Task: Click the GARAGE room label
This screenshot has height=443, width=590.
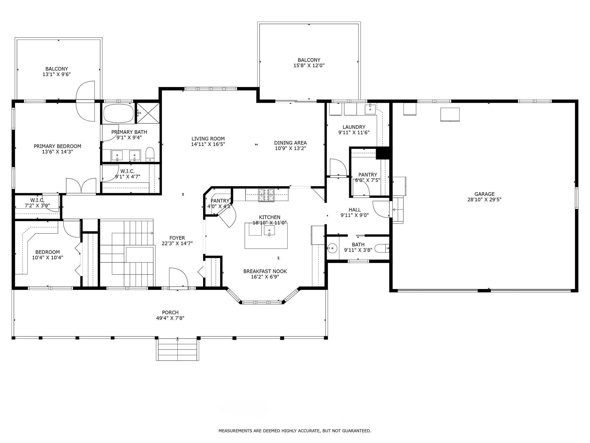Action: tap(485, 194)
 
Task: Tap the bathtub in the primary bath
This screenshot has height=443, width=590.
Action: tap(119, 114)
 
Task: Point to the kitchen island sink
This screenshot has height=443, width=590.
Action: tap(269, 230)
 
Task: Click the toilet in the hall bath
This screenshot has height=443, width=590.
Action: tap(383, 248)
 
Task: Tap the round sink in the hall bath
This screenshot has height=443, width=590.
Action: tap(332, 248)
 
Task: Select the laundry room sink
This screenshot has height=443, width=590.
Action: tap(370, 109)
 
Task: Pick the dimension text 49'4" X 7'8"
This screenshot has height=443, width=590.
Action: tap(170, 318)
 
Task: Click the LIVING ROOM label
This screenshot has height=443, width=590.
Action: tap(208, 139)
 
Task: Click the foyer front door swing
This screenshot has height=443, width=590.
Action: tap(179, 278)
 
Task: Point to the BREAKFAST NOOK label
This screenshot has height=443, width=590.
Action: tap(265, 271)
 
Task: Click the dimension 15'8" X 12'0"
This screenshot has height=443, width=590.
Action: tap(309, 65)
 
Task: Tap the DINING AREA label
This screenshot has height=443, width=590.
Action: tap(290, 143)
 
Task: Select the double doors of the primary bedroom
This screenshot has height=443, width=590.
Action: tap(81, 186)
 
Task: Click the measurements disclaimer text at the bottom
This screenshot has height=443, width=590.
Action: tap(295, 431)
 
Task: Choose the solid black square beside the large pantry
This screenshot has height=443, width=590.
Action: tap(383, 153)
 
